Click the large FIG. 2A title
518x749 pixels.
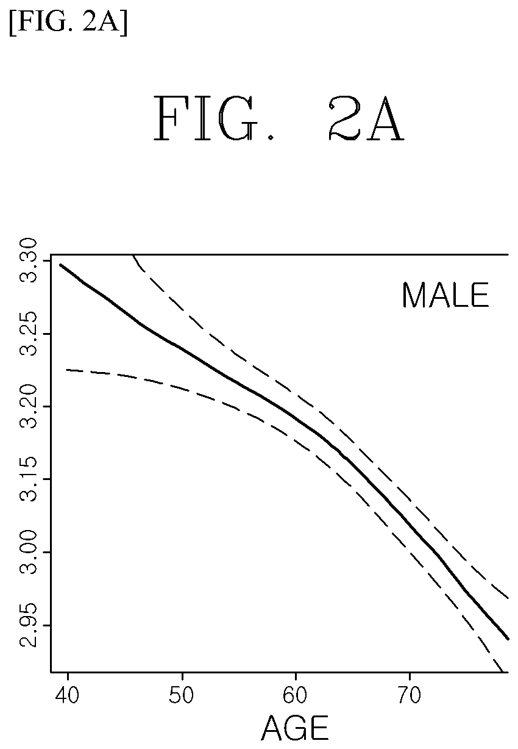279,118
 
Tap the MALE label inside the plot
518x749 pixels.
445,295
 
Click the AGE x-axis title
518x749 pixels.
295,728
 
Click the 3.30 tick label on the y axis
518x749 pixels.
28,260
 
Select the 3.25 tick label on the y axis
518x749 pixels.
28,334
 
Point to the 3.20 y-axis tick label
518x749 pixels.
28,406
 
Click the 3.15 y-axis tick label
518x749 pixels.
28,479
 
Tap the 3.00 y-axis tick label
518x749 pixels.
28,552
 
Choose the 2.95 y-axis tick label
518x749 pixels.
28,625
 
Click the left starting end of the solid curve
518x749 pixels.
60,265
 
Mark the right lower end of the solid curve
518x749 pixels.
508,639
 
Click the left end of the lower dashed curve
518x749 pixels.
66,370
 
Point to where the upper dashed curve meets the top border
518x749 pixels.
133,255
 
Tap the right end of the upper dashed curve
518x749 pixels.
508,598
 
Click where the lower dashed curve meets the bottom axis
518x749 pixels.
503,672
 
